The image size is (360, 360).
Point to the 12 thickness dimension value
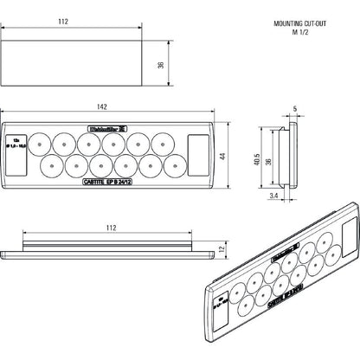[222, 249]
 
